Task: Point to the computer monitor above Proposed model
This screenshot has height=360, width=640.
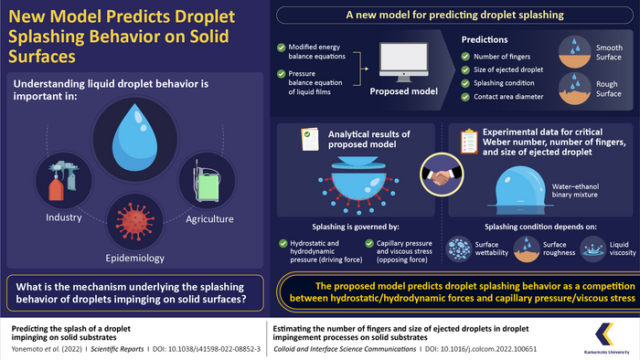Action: (x=400, y=65)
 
